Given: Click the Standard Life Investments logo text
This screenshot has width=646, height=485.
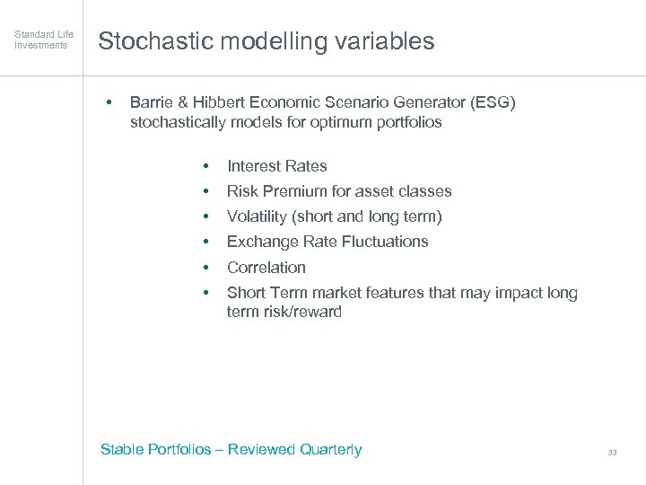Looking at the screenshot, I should [44, 40].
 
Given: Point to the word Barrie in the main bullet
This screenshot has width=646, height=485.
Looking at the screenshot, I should [153, 102].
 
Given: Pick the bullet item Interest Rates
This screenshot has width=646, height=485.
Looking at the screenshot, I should [276, 166].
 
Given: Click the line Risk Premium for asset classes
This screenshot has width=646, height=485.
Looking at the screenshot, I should [338, 191].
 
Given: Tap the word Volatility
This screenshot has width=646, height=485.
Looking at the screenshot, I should [257, 216].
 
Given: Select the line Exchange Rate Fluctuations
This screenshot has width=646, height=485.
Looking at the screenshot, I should [327, 242].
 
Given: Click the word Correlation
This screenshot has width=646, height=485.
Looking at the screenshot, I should [266, 268].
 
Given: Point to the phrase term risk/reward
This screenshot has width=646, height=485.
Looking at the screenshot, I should [284, 312].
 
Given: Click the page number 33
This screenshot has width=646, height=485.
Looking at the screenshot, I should [612, 453].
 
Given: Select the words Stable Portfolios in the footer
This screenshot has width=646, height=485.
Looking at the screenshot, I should [155, 450].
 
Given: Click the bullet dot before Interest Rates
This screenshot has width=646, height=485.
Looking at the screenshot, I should [206, 166].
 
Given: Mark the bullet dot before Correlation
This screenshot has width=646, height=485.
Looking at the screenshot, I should [206, 268].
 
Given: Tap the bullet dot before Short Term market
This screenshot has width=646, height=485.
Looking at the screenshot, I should [206, 293].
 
